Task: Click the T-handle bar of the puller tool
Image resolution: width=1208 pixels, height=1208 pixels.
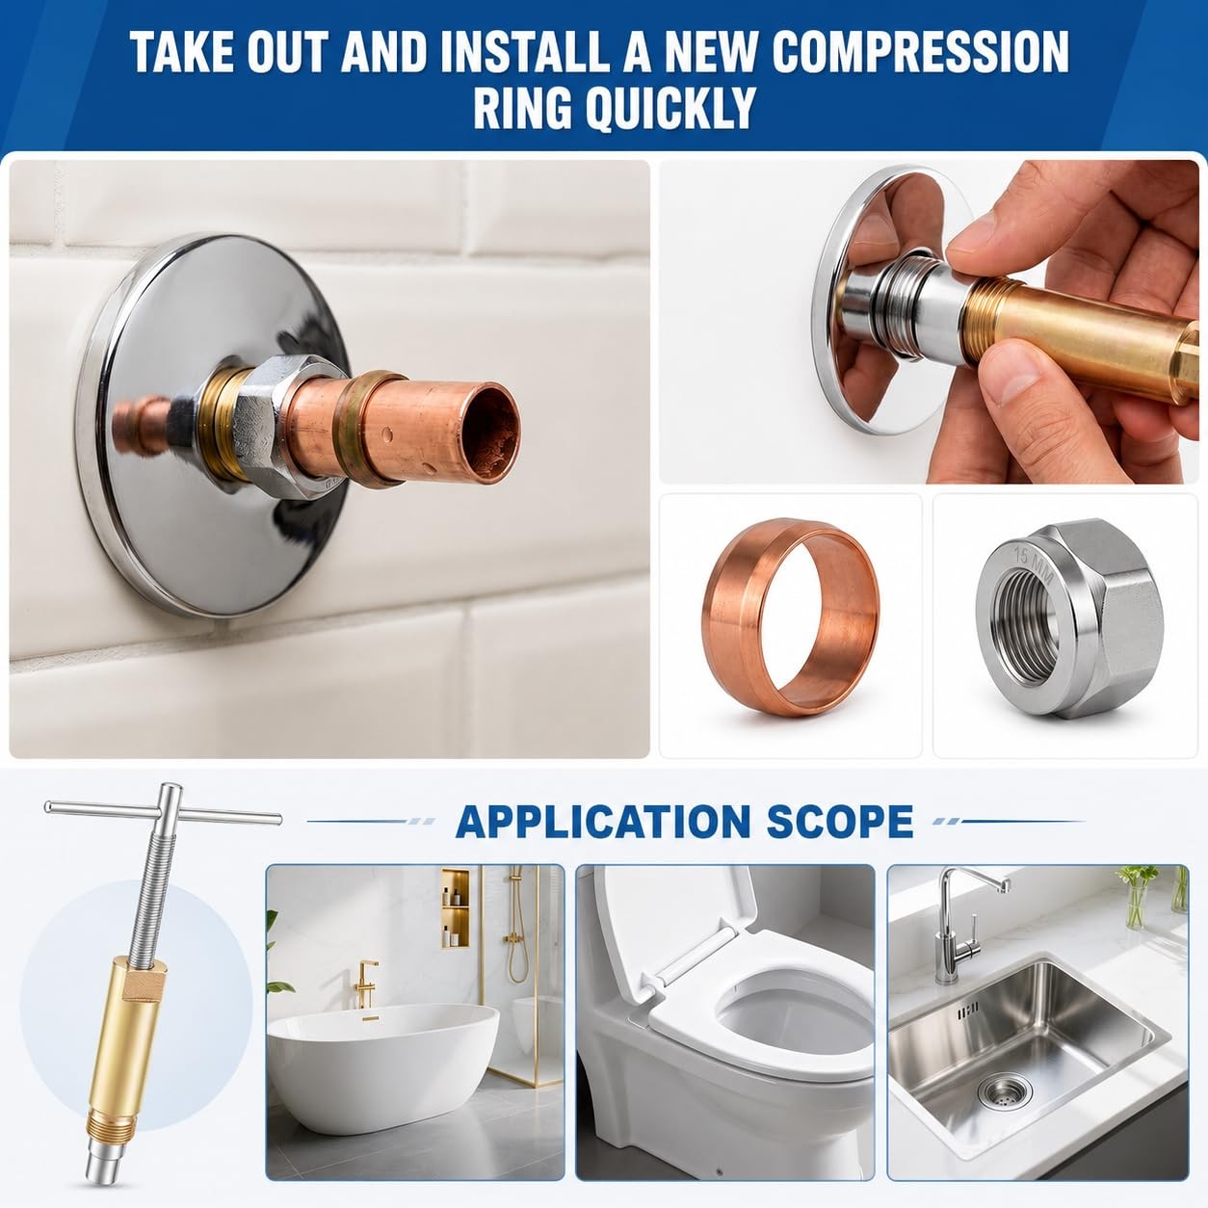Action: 163,814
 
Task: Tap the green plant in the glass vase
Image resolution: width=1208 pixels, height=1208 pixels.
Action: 1138,896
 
